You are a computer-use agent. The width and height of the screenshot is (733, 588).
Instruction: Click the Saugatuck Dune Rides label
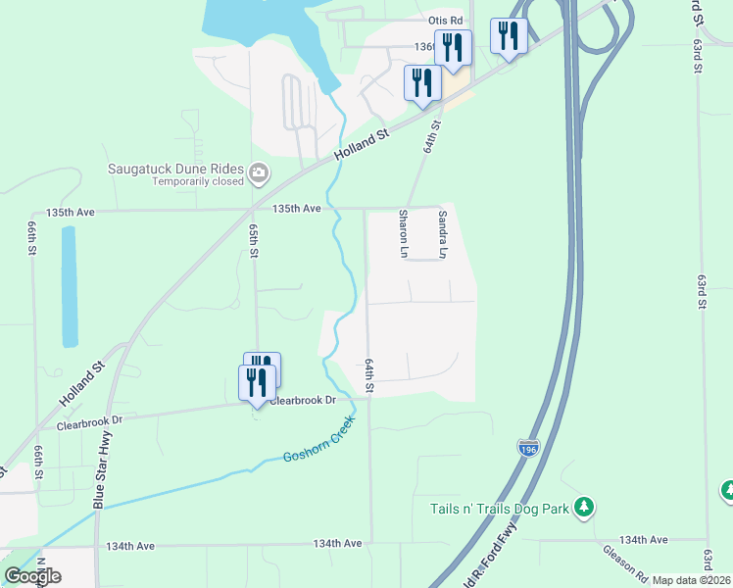click(176, 168)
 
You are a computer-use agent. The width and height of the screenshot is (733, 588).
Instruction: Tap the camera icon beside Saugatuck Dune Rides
click(260, 174)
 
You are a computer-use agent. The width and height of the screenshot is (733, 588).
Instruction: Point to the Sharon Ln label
click(403, 233)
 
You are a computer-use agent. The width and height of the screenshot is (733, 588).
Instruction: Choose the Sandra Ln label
click(443, 233)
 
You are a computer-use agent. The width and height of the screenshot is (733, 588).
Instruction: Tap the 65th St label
click(254, 241)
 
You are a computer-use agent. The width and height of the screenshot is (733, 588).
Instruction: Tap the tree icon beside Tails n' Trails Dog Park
click(585, 507)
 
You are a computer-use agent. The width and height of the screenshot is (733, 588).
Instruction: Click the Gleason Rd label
click(623, 562)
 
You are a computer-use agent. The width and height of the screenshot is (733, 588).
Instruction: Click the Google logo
click(32, 575)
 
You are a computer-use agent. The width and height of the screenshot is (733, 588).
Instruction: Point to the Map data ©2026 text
click(691, 580)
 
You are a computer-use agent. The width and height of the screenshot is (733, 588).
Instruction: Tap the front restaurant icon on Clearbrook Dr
click(257, 382)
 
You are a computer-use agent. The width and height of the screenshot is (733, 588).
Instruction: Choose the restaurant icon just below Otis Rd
click(453, 46)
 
